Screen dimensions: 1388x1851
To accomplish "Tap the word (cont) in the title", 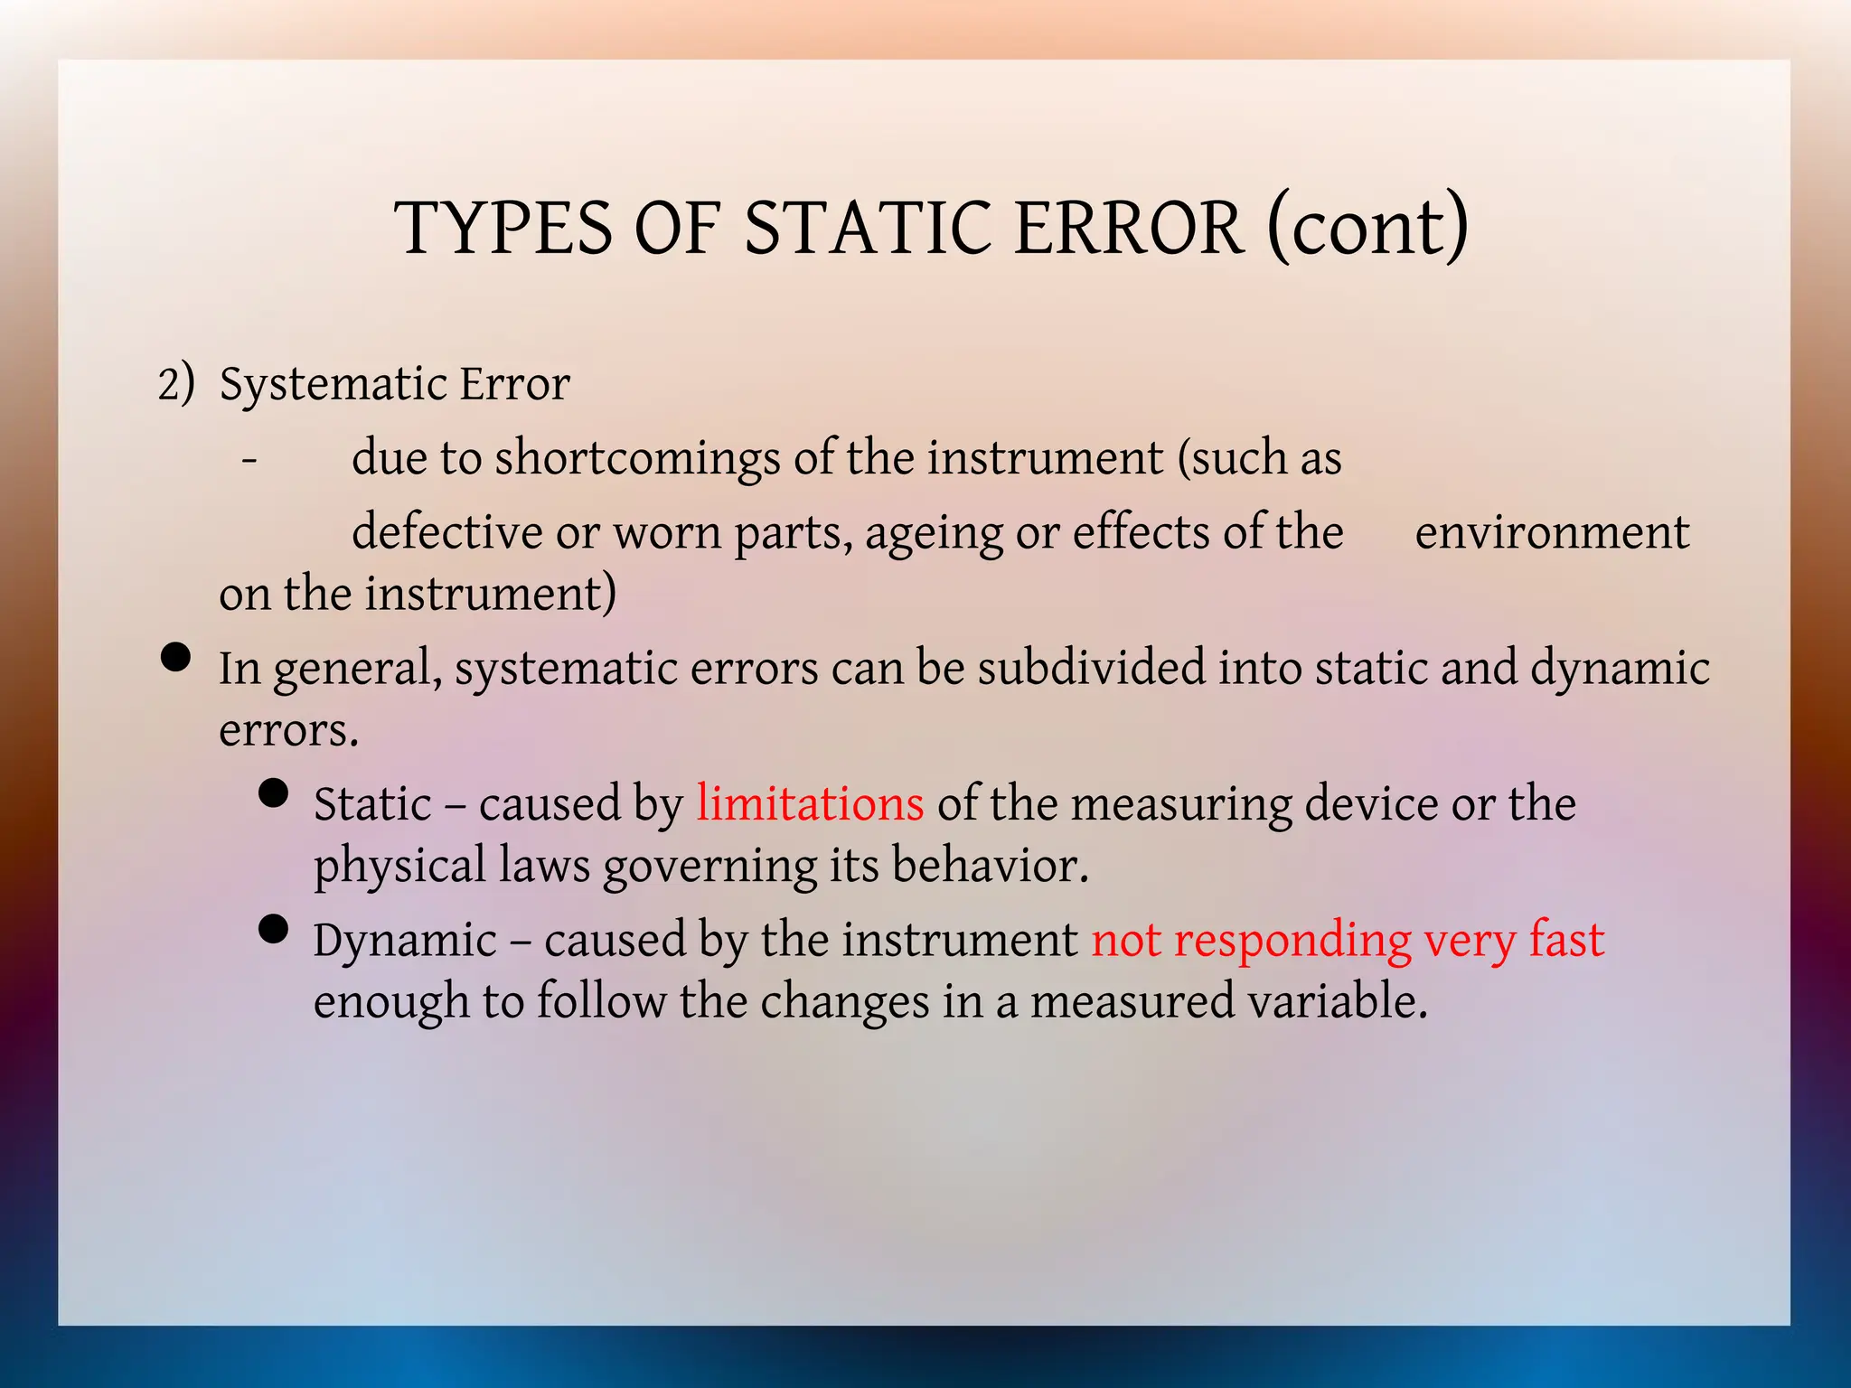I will [1367, 228].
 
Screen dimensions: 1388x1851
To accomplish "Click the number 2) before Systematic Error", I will [175, 383].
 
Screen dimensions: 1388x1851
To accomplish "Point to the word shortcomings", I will [636, 458].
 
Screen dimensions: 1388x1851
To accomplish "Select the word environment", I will [1551, 531].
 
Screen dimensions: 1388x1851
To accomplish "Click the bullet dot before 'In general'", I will [175, 657].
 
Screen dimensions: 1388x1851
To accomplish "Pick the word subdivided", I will [1091, 669].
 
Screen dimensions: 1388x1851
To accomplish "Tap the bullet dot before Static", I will [273, 792].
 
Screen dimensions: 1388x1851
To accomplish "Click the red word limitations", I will [810, 803].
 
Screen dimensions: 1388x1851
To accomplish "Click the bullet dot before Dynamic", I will [273, 928].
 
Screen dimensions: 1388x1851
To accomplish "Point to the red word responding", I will [1292, 942].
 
